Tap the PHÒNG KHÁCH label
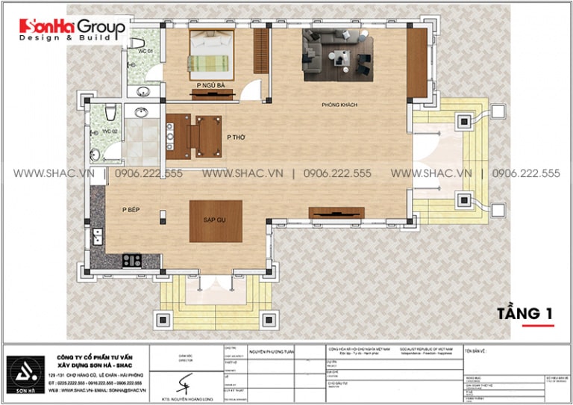(339, 105)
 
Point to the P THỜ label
(235, 137)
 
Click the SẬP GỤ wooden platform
(215, 221)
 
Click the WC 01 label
(145, 51)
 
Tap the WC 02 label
(98, 132)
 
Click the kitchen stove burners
(132, 260)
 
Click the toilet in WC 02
(109, 112)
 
